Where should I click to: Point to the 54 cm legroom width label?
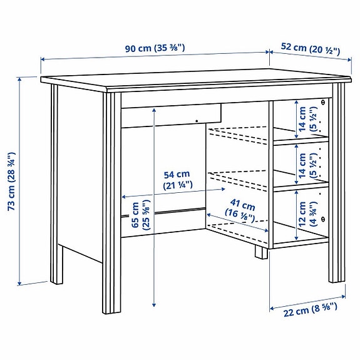tap(176, 179)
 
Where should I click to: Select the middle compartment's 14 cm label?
tap(307, 163)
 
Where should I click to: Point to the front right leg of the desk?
tap(338, 188)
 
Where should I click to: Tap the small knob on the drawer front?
tap(196, 121)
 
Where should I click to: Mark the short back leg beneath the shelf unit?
tap(259, 252)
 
